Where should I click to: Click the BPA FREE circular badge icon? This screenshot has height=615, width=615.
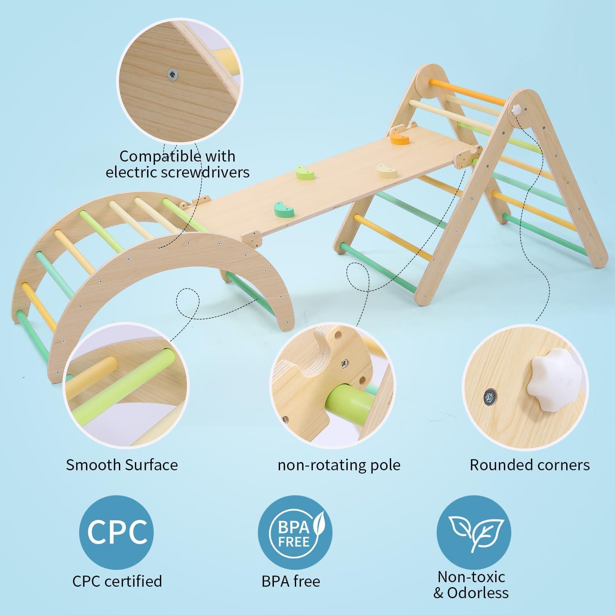(x=295, y=532)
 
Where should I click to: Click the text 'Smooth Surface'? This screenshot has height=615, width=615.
(x=122, y=465)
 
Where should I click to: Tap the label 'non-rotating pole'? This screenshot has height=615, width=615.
(x=339, y=465)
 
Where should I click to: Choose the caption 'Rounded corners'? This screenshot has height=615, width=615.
(x=529, y=465)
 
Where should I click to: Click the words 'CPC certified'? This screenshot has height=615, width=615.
(x=117, y=581)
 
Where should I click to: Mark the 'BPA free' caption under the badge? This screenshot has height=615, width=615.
(x=291, y=581)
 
